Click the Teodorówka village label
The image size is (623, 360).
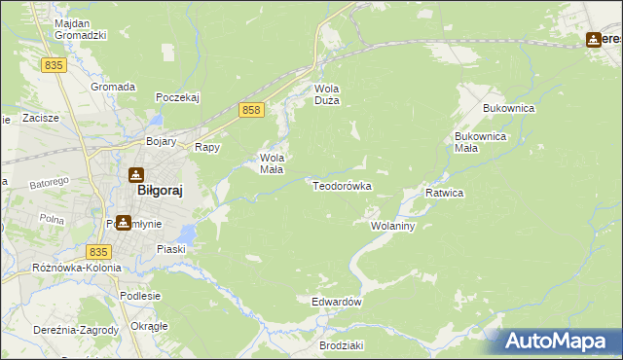click(342, 186)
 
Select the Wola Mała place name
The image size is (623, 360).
click(272, 162)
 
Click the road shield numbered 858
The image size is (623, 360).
click(251, 111)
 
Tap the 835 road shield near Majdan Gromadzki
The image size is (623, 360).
click(54, 64)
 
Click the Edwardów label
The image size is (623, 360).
click(337, 302)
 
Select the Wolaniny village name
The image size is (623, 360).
click(393, 226)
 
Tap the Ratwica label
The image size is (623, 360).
click(444, 193)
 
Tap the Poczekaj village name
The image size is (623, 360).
click(177, 97)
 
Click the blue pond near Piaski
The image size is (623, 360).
click(188, 234)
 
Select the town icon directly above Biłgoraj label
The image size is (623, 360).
click(136, 174)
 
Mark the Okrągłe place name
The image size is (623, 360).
click(149, 325)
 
